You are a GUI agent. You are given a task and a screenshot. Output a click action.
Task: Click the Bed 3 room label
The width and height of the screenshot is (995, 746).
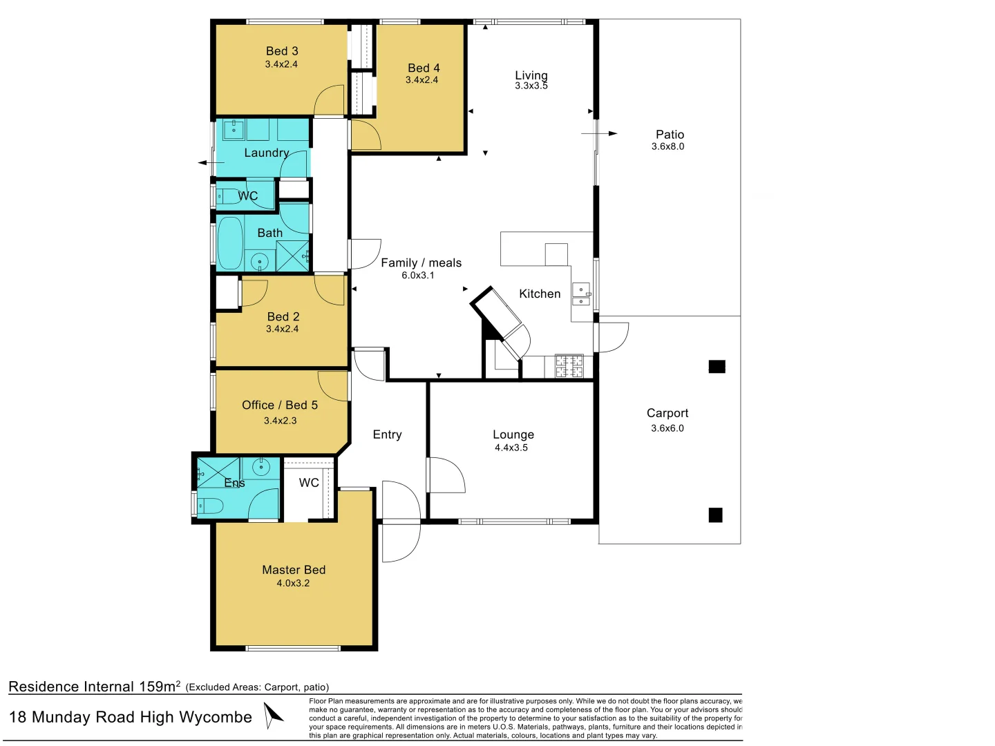[x=281, y=51]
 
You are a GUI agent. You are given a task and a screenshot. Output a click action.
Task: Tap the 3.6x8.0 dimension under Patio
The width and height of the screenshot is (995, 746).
[x=667, y=146]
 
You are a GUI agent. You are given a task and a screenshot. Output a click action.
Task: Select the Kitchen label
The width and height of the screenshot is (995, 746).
[x=540, y=294]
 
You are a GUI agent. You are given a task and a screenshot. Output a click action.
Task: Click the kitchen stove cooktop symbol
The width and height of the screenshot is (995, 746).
[x=569, y=366]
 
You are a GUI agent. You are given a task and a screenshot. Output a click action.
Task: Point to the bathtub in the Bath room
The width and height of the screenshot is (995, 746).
[x=230, y=243]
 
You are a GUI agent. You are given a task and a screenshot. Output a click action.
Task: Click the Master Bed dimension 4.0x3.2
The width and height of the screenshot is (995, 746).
[x=293, y=584]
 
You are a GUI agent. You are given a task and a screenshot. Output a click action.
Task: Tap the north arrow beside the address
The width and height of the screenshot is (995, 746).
[x=273, y=715]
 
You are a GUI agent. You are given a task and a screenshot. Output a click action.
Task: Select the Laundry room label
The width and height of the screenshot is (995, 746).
[x=267, y=153]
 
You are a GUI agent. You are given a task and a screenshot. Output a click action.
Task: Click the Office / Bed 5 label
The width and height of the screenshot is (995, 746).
[x=280, y=405]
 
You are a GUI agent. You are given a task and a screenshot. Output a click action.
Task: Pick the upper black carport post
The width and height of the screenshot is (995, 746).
[x=717, y=366]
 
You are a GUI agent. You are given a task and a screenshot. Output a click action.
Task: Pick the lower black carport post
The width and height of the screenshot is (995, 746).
[x=715, y=515]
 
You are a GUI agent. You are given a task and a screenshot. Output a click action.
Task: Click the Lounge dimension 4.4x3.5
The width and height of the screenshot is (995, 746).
[x=511, y=448]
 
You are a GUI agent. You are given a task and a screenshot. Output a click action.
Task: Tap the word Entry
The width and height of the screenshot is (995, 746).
[x=387, y=435]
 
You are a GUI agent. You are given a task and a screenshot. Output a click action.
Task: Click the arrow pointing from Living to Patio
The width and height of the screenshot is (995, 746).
[x=599, y=133]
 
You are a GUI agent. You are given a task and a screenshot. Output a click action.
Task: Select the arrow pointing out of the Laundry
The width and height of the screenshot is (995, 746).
[x=211, y=162]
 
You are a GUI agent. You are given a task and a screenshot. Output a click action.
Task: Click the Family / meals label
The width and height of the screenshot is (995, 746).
[x=421, y=263]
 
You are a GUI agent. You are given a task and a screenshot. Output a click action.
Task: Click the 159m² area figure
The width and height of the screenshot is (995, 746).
[x=160, y=686]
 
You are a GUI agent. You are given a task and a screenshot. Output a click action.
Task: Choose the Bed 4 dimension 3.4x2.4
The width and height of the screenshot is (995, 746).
[x=421, y=80]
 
